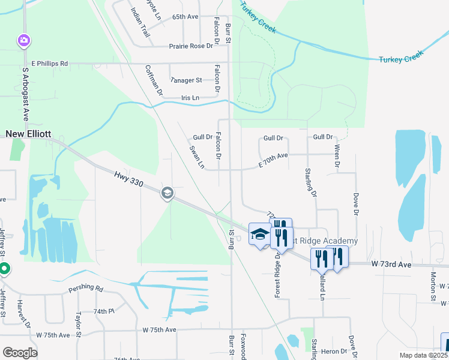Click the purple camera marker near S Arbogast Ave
[x=24, y=41]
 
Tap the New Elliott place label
[x=29, y=134]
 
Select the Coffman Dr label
[x=154, y=80]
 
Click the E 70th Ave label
[x=274, y=155]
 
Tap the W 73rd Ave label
[x=390, y=265]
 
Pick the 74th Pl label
[x=104, y=311]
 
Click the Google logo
[x=20, y=352]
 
